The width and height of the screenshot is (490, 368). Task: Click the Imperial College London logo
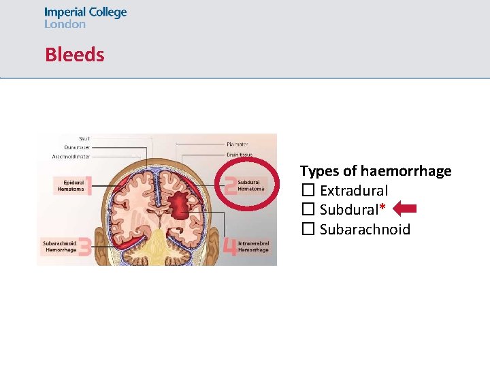[85, 18]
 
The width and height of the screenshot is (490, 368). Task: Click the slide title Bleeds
[75, 55]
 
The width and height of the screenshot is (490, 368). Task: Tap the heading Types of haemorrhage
[376, 170]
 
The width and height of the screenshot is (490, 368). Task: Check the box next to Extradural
[308, 191]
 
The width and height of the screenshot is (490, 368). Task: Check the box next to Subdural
[308, 210]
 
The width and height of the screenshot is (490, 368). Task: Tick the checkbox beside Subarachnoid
[308, 229]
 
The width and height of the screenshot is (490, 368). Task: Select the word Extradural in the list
[354, 191]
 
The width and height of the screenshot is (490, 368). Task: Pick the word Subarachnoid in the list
[365, 229]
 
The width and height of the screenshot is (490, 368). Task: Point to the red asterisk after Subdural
[382, 207]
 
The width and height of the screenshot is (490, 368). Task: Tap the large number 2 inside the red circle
[231, 185]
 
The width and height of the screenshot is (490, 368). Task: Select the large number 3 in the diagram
[84, 246]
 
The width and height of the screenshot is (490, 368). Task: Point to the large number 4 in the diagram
[230, 246]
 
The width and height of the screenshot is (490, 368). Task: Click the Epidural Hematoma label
[73, 185]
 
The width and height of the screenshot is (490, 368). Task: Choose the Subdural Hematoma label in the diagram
[250, 185]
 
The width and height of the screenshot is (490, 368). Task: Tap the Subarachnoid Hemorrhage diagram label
[59, 246]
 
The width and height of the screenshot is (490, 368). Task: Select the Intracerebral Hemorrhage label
[253, 246]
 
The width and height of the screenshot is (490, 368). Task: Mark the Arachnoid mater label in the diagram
[71, 157]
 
